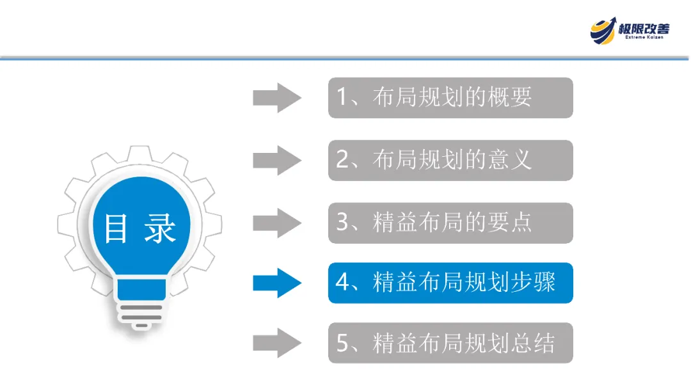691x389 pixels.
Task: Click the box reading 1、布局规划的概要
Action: [x=450, y=98]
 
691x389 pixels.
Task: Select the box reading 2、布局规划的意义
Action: [x=450, y=160]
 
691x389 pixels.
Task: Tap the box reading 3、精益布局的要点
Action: [x=450, y=223]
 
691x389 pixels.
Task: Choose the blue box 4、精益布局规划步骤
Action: [x=450, y=283]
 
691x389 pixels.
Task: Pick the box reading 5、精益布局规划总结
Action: [x=450, y=344]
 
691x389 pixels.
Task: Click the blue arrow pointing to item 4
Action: [x=276, y=283]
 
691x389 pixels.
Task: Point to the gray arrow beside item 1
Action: [x=276, y=98]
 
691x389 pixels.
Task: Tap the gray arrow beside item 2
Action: [x=276, y=160]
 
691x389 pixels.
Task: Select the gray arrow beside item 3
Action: [x=276, y=223]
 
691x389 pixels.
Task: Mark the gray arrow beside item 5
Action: [x=276, y=344]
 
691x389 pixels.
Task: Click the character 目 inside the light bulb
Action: [x=116, y=228]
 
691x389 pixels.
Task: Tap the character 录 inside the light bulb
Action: [x=159, y=228]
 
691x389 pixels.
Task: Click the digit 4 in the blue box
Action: [x=343, y=283]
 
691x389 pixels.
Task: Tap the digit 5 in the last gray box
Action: [x=343, y=344]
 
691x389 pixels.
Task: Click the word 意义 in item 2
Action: [x=509, y=160]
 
